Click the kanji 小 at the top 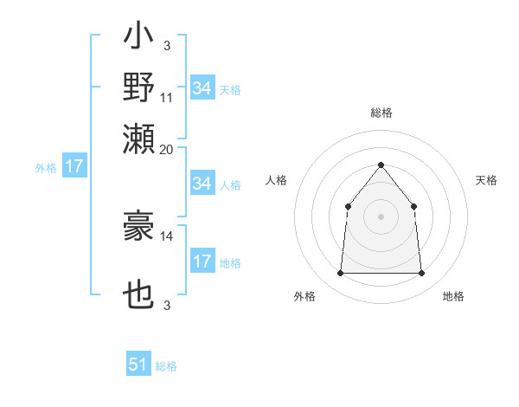pyautogui.click(x=138, y=40)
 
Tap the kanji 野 pyautogui.click(x=138, y=88)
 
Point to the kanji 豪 pyautogui.click(x=138, y=228)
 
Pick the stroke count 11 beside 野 pyautogui.click(x=167, y=98)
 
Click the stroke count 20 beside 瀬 pyautogui.click(x=167, y=148)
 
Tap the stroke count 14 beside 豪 pyautogui.click(x=167, y=235)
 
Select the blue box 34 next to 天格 pyautogui.click(x=202, y=88)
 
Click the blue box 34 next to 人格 pyautogui.click(x=202, y=184)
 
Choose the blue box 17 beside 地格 pyautogui.click(x=202, y=262)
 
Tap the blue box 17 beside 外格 pyautogui.click(x=74, y=166)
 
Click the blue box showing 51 pyautogui.click(x=138, y=365)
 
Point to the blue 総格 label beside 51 pyautogui.click(x=166, y=366)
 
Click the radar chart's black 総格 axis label pyautogui.click(x=381, y=113)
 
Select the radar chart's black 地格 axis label pyautogui.click(x=453, y=297)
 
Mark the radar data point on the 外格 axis pyautogui.click(x=340, y=274)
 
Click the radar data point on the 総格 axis pyautogui.click(x=381, y=165)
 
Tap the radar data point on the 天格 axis pyautogui.click(x=413, y=206)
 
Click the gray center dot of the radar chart pyautogui.click(x=381, y=216)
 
